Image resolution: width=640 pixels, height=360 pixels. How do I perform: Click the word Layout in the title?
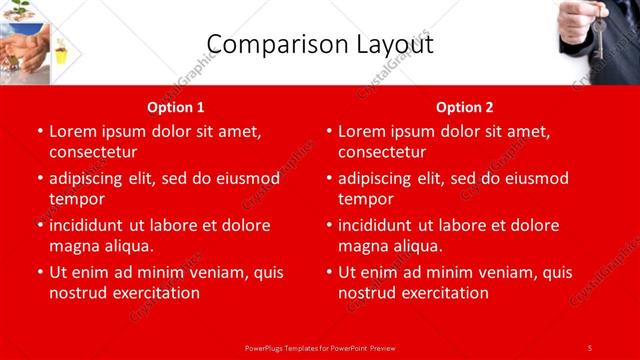pyautogui.click(x=386, y=44)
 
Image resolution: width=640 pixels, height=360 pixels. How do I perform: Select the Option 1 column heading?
pyautogui.click(x=176, y=107)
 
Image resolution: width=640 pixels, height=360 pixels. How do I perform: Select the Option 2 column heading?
pyautogui.click(x=465, y=107)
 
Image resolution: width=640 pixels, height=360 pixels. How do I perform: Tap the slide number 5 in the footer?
pyautogui.click(x=590, y=347)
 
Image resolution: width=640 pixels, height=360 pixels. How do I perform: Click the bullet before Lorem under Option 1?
pyautogui.click(x=39, y=131)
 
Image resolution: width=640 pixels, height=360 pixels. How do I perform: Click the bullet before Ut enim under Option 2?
pyautogui.click(x=328, y=272)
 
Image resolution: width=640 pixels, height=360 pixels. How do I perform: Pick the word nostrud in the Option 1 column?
pyautogui.click(x=78, y=293)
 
